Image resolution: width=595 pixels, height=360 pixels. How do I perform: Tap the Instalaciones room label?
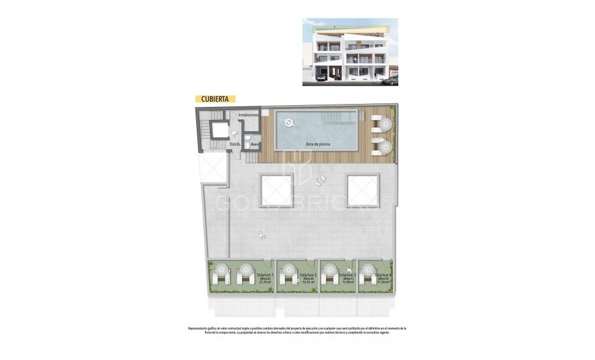click(x=248, y=115)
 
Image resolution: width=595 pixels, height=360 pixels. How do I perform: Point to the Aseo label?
click(x=254, y=144)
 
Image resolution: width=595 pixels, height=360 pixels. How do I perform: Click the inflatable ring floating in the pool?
click(x=291, y=123)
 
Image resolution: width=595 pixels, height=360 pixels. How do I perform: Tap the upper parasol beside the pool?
click(x=386, y=124)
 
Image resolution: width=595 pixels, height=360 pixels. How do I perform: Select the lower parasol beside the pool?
click(x=386, y=146)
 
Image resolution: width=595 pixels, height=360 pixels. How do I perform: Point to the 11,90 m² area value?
click(x=348, y=282)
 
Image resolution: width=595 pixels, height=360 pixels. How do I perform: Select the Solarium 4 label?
click(x=383, y=274)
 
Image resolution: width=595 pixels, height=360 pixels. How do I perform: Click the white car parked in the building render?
click(x=321, y=77)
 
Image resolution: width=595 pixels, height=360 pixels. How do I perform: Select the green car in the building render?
click(x=390, y=80)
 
